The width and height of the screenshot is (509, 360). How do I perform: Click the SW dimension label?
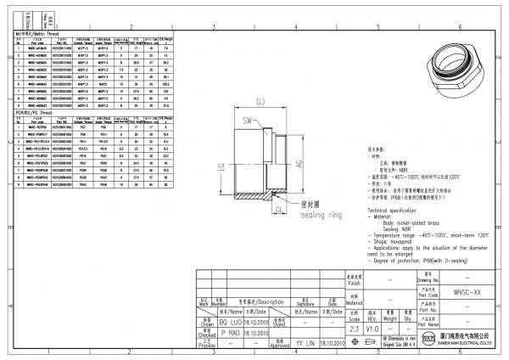click(x=248, y=120)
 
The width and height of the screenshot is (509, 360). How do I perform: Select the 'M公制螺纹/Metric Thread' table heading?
click(x=35, y=31)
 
